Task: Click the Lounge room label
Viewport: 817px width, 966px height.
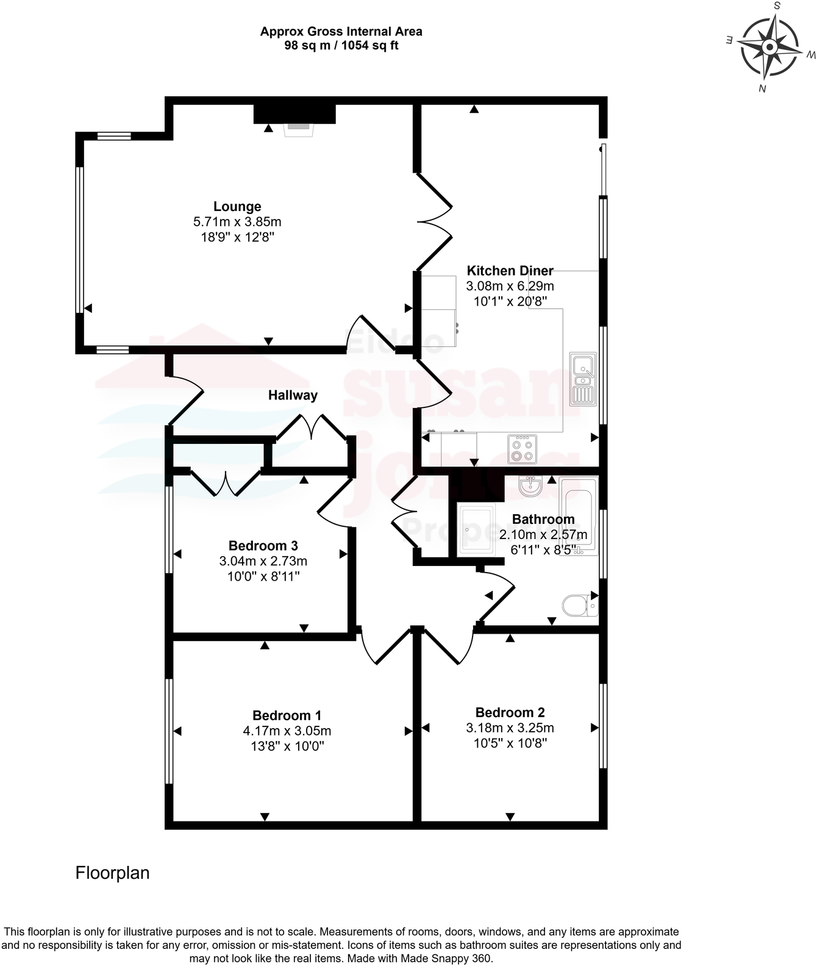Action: point(237,207)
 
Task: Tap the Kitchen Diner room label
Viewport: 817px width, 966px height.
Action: point(510,271)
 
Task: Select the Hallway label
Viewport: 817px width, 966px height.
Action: point(293,395)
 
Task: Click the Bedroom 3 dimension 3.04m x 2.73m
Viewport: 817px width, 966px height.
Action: point(263,561)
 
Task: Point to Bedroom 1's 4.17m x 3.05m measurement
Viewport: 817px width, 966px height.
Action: point(287,731)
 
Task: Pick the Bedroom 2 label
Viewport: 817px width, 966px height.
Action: point(510,712)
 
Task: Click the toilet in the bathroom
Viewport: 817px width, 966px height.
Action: point(578,606)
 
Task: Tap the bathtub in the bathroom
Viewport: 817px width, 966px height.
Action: point(578,516)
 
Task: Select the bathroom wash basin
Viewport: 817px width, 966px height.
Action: point(530,486)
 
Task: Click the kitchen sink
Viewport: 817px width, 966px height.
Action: point(583,379)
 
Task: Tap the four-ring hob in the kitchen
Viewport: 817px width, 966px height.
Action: point(522,449)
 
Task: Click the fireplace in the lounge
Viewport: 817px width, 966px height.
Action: point(299,127)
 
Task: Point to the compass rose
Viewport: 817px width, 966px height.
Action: point(769,48)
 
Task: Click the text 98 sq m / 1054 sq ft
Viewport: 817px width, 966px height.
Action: point(341,46)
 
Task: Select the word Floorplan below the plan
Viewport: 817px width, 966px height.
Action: point(112,873)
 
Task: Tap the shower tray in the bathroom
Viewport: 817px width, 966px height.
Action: point(476,529)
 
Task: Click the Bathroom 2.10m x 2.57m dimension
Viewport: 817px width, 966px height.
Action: point(543,535)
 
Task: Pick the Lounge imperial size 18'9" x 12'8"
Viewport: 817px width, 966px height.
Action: point(237,237)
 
